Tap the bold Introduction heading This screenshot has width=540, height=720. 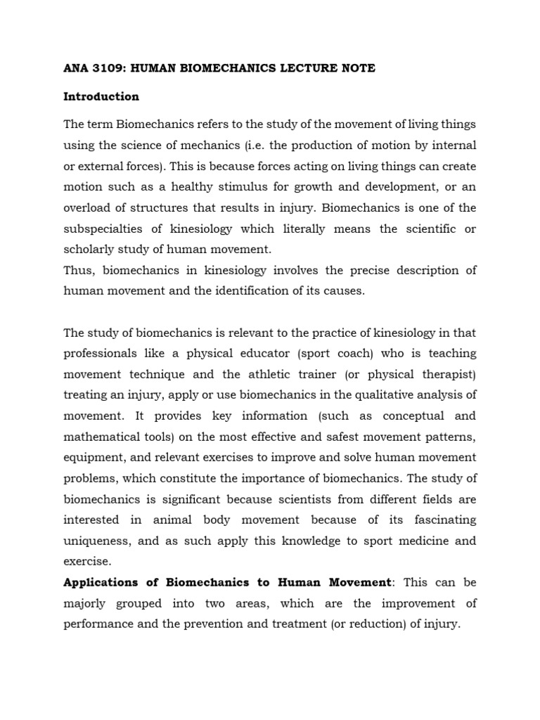click(101, 96)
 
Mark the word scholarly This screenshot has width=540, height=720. click(88, 250)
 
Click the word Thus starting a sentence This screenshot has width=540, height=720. click(77, 271)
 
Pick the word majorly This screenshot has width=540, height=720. click(86, 604)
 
